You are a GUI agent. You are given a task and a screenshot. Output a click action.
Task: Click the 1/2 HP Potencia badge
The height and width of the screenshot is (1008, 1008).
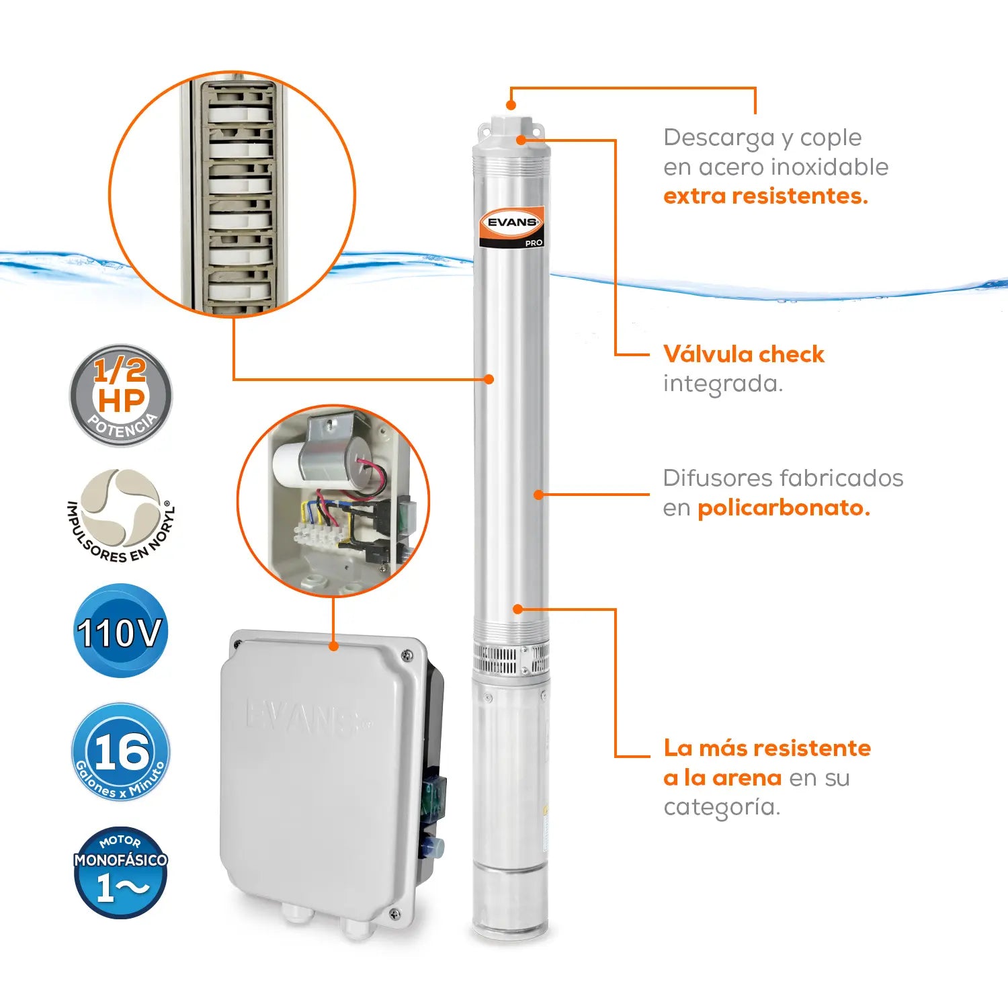point(121,395)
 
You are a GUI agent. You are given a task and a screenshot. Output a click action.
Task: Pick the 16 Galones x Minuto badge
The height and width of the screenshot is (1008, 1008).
point(121,752)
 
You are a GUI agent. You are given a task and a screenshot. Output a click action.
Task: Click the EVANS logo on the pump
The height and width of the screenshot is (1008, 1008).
point(512,222)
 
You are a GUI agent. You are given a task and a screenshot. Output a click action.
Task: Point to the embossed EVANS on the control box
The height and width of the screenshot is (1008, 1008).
point(306,717)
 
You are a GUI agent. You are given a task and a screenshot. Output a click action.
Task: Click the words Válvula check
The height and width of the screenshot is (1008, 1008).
point(743,354)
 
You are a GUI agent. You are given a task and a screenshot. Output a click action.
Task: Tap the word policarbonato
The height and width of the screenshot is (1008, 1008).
point(784,508)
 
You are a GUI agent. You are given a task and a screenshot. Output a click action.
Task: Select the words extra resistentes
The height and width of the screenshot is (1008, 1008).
point(765,196)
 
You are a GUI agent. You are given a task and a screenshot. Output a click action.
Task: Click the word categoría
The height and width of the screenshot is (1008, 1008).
point(722,807)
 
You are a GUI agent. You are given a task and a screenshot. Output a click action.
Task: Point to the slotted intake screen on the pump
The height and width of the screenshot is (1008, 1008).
point(511,659)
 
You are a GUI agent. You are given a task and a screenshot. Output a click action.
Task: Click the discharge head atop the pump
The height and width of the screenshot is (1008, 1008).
point(511,134)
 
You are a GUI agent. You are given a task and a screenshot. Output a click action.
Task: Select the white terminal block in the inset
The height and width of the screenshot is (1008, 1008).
point(321,535)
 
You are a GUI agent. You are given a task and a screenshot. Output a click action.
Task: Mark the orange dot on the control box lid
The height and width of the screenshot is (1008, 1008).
point(333,646)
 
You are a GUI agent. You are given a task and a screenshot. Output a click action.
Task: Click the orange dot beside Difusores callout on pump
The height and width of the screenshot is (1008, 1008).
point(538,495)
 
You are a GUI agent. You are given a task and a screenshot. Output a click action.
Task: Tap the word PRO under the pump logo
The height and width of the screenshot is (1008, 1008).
point(534,243)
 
